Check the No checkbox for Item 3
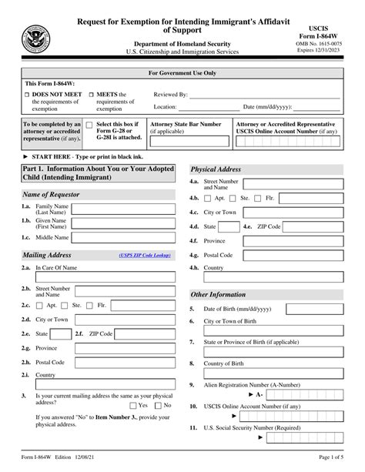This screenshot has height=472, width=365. pos(159,404)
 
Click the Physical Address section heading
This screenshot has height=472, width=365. pos(216,168)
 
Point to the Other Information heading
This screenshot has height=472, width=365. pos(218,294)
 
